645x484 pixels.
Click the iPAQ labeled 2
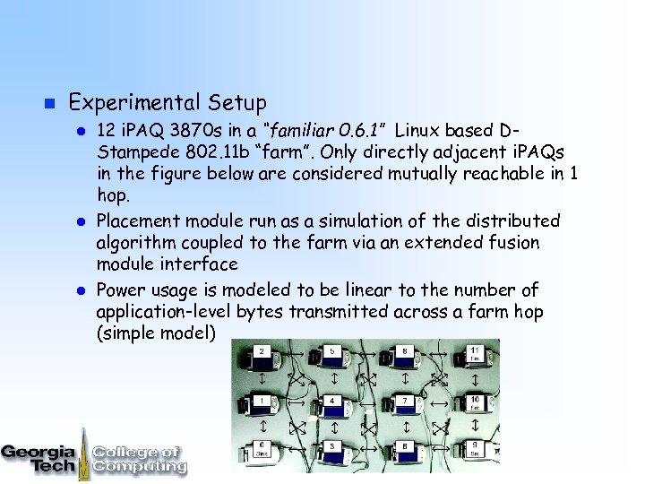263,359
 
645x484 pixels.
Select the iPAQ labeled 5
332,359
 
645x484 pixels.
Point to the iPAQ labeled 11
474,358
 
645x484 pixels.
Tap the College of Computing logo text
139,459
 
